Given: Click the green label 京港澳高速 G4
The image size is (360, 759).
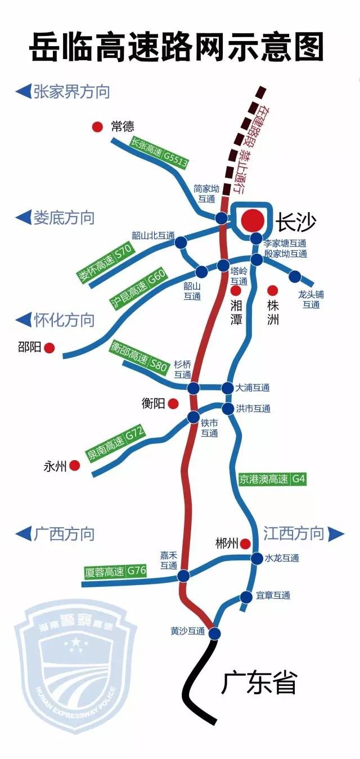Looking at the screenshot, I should coord(272,480).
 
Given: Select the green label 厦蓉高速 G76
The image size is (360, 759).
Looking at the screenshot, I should coord(115,572).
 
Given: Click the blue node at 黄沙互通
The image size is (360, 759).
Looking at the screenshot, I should coord(214,634).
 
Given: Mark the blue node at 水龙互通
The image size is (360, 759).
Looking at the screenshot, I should coord(256,558).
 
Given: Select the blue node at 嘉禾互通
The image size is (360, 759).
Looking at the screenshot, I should coord(183,576).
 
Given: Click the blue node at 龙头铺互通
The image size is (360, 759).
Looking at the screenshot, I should coord(295,276).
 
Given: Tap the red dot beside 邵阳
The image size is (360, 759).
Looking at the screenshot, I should coord(49,348).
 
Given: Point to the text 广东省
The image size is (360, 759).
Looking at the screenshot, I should coord(258,684).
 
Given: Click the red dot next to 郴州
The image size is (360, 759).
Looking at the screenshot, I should coord(245,544).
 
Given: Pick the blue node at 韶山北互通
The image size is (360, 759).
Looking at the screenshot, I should coord(181,242).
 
